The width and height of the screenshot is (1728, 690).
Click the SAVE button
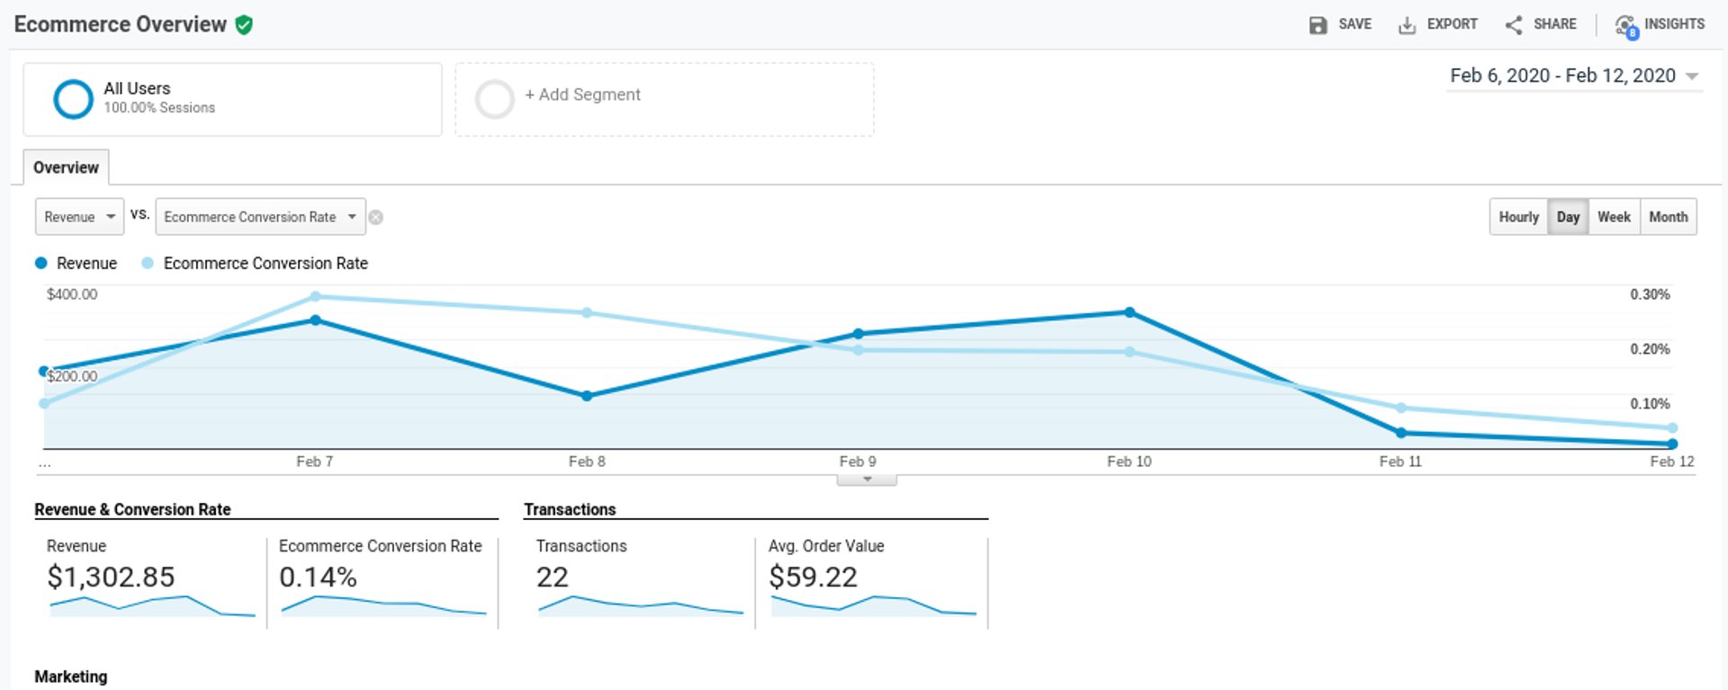[1340, 24]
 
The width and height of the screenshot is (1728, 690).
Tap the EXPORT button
[1437, 24]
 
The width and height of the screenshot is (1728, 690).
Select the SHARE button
[1541, 24]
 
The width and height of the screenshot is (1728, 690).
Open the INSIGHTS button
[1660, 24]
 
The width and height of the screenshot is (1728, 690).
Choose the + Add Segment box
[663, 99]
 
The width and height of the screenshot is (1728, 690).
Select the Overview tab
[66, 167]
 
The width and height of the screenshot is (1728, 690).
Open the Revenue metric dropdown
[79, 217]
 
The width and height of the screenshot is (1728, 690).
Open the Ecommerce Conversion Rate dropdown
[260, 217]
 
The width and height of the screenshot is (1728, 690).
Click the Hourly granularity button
[1518, 217]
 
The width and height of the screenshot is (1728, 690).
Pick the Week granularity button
[1614, 217]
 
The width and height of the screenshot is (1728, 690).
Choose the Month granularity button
[1668, 217]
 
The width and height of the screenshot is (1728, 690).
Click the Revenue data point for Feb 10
[1129, 312]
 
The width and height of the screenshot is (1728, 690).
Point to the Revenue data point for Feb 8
[587, 396]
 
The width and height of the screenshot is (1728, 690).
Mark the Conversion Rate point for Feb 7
[315, 296]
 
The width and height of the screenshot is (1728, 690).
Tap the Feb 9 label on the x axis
[858, 461]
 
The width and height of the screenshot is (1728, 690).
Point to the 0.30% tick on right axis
[1650, 294]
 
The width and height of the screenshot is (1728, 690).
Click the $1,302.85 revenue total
[111, 577]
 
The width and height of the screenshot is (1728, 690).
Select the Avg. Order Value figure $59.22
[813, 577]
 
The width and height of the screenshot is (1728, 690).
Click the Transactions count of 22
[552, 577]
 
